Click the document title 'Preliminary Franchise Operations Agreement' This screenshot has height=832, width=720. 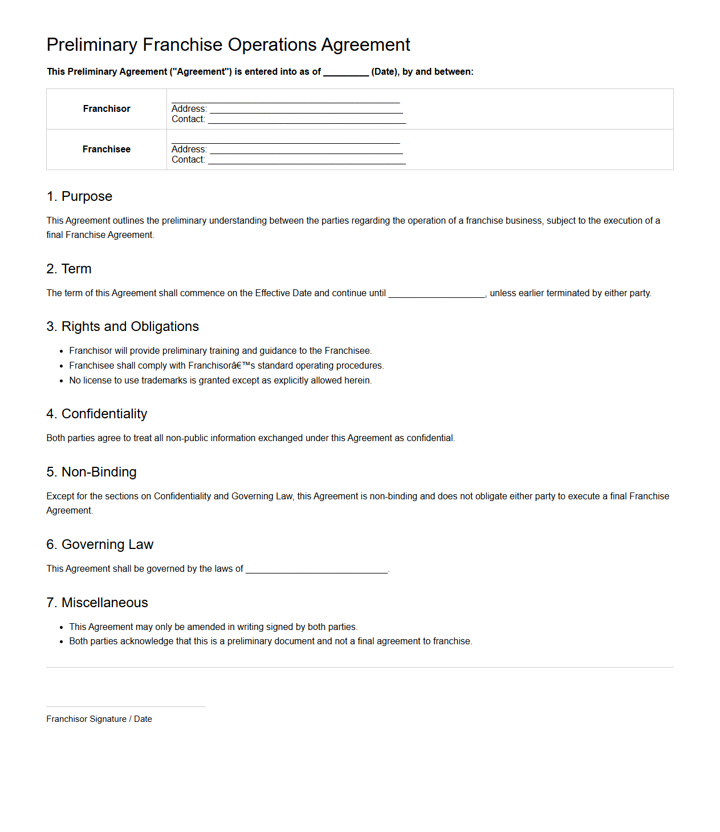pos(228,45)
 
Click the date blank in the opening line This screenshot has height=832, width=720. pos(346,72)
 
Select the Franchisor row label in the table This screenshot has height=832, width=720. pos(107,109)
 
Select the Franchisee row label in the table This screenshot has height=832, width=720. pos(107,150)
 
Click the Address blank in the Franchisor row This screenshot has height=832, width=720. pos(306,110)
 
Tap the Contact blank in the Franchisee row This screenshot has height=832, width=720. pos(307,160)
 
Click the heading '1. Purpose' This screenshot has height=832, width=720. pos(79,196)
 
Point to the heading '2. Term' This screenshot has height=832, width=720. pos(69,269)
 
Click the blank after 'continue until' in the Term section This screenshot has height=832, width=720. pos(436,294)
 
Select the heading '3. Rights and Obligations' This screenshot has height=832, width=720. pos(123,326)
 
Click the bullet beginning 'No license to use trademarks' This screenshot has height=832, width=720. pos(220,381)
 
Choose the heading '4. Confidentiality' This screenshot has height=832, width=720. pos(97,414)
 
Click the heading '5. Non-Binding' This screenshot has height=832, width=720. pos(92,472)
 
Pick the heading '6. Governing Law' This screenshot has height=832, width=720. pos(100,544)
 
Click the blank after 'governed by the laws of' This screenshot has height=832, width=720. pos(316,570)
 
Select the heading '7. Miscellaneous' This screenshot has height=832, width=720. pos(97,603)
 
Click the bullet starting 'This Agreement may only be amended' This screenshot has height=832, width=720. pos(213,627)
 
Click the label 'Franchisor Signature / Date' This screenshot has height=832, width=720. pos(99,719)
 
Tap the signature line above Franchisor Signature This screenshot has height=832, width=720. pos(125,706)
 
